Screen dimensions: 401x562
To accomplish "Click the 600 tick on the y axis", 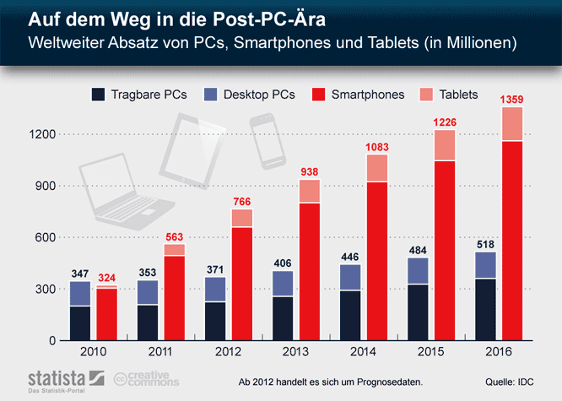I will point(44,238).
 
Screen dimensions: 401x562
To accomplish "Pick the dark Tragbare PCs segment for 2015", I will point(419,312).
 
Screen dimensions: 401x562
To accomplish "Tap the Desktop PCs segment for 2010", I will point(81,294).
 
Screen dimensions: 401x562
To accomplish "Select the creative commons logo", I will point(143,380).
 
